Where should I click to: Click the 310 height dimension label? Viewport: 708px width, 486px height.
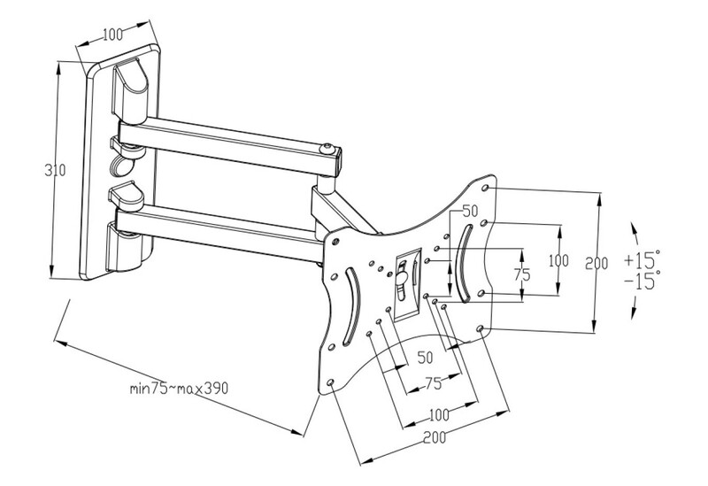[x=55, y=170]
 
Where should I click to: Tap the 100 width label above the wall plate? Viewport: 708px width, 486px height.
[x=112, y=35]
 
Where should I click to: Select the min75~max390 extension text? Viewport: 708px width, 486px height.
[x=179, y=388]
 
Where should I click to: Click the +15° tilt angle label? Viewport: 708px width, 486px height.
[x=643, y=259]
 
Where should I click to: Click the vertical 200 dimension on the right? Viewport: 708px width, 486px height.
[x=596, y=263]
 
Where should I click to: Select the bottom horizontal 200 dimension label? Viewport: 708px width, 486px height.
[x=435, y=437]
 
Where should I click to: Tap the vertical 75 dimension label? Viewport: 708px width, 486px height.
[x=522, y=274]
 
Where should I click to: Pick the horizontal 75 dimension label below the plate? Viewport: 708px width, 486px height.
[x=433, y=383]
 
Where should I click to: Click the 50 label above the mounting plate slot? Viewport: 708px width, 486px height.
[x=470, y=211]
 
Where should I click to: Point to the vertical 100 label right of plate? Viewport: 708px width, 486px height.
[x=558, y=260]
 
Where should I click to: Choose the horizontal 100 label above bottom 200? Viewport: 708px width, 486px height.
[x=439, y=413]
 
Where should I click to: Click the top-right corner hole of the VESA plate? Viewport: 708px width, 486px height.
[x=485, y=188]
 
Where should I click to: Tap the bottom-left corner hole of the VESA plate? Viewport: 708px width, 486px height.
[x=330, y=383]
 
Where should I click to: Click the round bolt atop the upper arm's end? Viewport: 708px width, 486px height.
[x=327, y=149]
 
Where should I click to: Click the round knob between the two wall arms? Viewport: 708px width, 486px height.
[x=119, y=165]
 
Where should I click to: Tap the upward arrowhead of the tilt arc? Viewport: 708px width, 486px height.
[x=635, y=228]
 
